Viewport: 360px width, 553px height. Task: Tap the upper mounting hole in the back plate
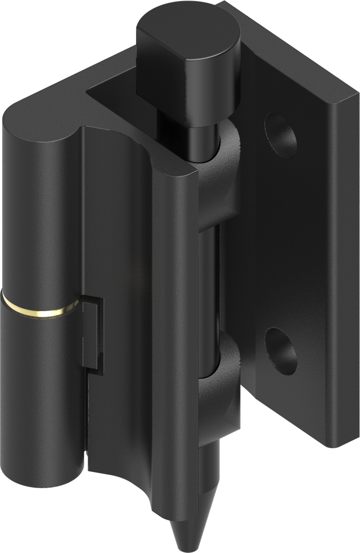[280, 134]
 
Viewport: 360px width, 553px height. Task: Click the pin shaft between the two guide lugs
[208, 292]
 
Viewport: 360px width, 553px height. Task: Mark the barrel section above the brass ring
[40, 216]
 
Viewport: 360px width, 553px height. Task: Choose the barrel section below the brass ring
[40, 400]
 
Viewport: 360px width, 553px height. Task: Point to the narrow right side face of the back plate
[343, 270]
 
